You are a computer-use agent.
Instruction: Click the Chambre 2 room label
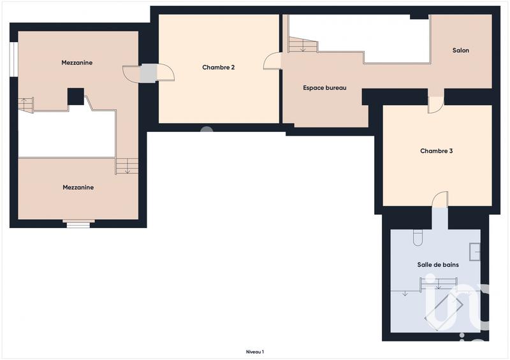(x=219, y=67)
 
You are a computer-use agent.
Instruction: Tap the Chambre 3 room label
(x=437, y=151)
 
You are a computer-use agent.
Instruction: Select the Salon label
(x=460, y=50)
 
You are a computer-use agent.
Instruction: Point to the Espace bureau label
(x=324, y=88)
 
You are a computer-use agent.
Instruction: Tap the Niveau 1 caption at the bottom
(x=255, y=351)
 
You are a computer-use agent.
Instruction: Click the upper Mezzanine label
(x=77, y=62)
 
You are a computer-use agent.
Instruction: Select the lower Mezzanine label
(x=78, y=187)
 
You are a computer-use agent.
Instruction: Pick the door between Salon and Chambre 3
(x=435, y=104)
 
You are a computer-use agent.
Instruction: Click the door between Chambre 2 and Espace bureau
(x=272, y=61)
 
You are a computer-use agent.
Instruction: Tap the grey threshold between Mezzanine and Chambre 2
(x=147, y=73)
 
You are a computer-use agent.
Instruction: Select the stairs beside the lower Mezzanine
(x=126, y=166)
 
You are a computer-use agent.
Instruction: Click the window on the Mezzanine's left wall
(x=13, y=59)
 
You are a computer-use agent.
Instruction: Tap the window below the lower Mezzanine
(x=78, y=223)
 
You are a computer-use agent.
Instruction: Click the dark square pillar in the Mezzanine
(x=76, y=96)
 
